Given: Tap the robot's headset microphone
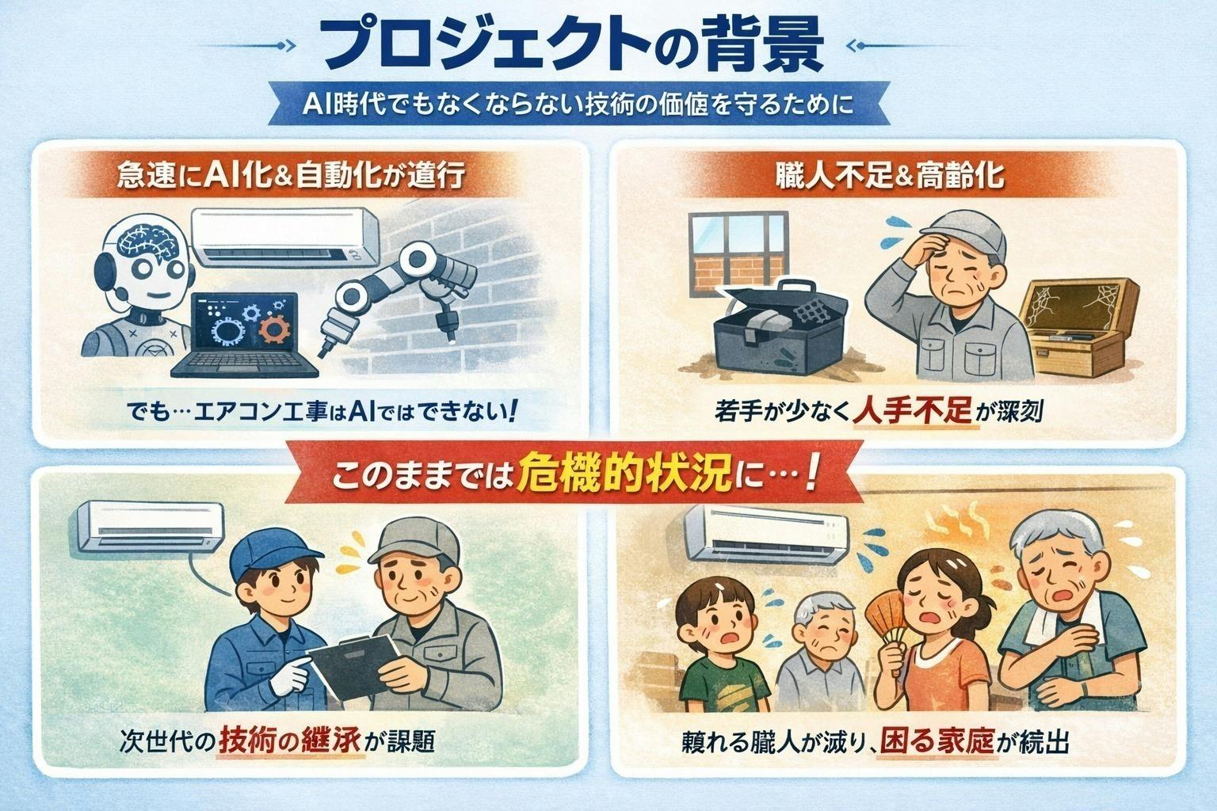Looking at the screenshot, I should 120,295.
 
